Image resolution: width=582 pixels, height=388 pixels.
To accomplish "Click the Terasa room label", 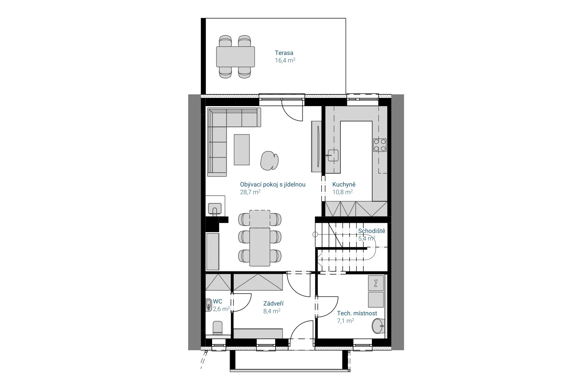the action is [x=284, y=53].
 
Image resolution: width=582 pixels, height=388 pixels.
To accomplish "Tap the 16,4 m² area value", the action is [x=285, y=60].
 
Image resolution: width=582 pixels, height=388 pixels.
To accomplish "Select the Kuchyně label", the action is [x=344, y=185].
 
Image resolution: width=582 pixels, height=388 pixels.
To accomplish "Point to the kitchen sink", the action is [x=333, y=155].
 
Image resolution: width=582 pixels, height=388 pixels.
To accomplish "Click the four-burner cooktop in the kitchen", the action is [x=380, y=145].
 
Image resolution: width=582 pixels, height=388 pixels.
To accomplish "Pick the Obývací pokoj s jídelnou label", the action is [x=273, y=185].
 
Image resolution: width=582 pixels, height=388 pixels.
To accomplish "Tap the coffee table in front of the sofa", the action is [x=242, y=150].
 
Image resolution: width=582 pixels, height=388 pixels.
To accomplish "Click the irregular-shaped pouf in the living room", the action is [x=269, y=161].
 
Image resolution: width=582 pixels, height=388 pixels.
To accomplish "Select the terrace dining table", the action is [x=235, y=57].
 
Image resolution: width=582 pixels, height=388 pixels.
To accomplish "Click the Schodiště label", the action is [x=372, y=231].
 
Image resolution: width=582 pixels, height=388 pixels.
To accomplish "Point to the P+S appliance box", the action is [x=376, y=283].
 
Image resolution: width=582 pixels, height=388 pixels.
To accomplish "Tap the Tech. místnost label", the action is [x=357, y=313].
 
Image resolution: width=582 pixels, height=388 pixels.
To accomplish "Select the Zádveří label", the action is [x=273, y=304].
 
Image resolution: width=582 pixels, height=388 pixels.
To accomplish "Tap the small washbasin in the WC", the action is [x=209, y=305].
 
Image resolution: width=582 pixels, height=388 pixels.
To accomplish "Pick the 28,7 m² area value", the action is [x=250, y=192].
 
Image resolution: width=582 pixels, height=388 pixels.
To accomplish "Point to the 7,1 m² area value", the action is [x=345, y=321].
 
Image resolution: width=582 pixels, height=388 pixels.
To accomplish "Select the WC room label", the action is [x=218, y=302].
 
